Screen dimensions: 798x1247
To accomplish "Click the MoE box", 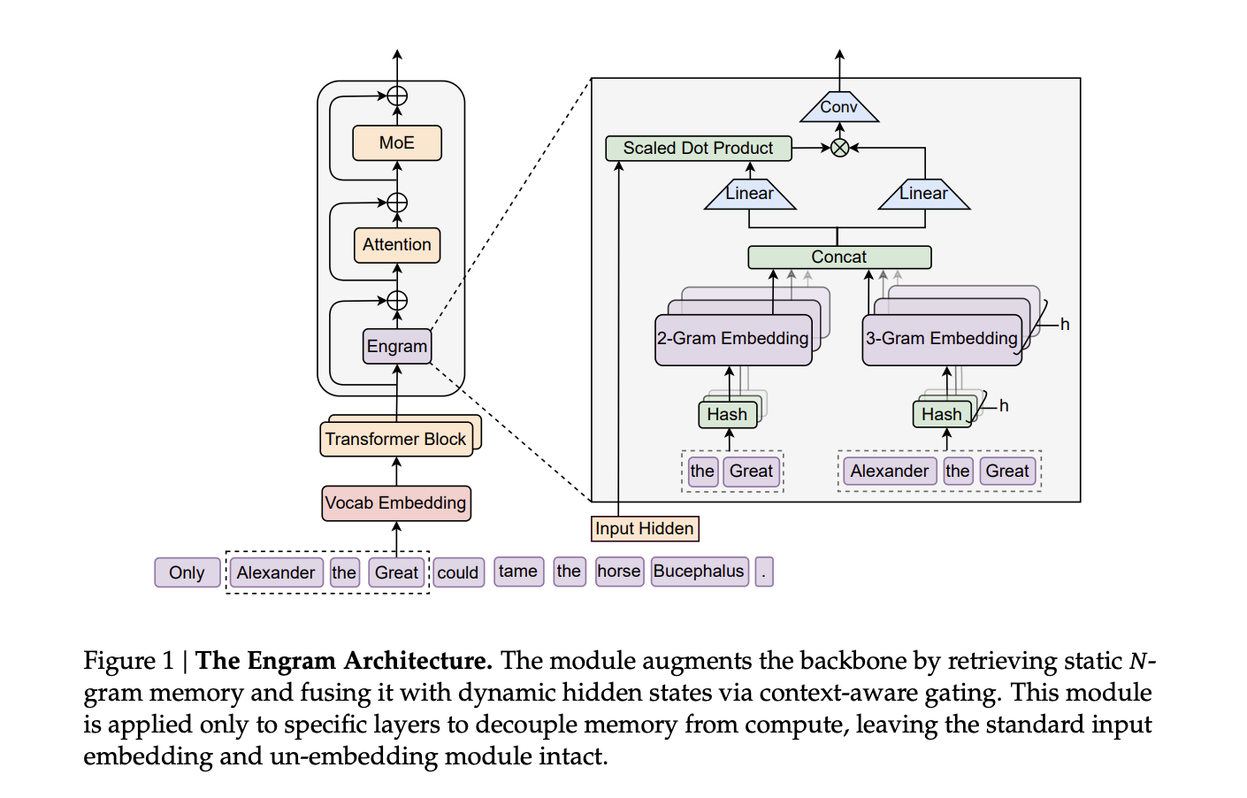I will pos(396,142).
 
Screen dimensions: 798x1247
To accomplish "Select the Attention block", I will pos(396,245).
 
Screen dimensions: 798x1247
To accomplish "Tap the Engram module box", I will pos(397,346).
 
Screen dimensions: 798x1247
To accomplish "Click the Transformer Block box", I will pos(395,439).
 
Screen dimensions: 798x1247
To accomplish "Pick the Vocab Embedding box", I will pos(395,503).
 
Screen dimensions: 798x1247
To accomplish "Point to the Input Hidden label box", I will pos(645,528).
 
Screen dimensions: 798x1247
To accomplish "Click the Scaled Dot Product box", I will pos(698,148).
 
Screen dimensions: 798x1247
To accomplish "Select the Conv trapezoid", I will pos(838,108).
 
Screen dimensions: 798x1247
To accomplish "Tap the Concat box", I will pos(838,257).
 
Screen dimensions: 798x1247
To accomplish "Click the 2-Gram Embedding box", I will pos(732,339).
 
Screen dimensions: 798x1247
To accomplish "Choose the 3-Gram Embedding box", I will pos(942,339).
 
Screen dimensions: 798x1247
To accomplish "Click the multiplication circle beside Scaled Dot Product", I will pos(839,148).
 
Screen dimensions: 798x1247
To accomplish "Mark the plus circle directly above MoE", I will pos(397,96).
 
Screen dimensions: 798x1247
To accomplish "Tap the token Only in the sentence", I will pos(187,572).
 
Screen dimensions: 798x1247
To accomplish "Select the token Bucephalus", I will pos(699,572).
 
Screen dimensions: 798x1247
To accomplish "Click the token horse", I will pos(618,572).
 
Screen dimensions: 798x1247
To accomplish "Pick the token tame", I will pos(517,572).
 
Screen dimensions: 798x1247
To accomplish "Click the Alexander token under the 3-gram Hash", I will pos(889,471).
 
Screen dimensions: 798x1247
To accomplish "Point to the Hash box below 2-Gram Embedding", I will pos(727,414).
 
